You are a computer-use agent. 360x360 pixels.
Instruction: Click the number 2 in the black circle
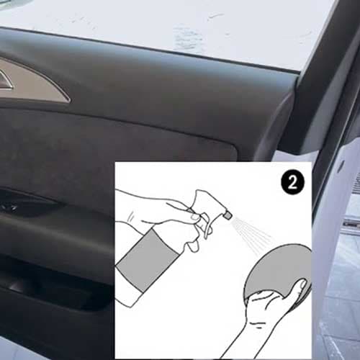[x=292, y=183]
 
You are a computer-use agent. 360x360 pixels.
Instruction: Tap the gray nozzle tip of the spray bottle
[x=228, y=215]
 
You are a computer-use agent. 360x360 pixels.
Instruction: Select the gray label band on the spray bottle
[x=147, y=260]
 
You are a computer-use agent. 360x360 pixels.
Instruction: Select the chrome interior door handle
[x=6, y=81]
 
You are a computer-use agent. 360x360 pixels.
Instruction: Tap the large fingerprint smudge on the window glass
[x=187, y=38]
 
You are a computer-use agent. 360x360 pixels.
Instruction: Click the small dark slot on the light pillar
[x=341, y=166]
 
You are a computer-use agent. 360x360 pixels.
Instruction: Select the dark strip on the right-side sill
[x=351, y=225]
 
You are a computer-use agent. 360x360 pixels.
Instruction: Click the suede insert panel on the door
[x=115, y=149]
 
